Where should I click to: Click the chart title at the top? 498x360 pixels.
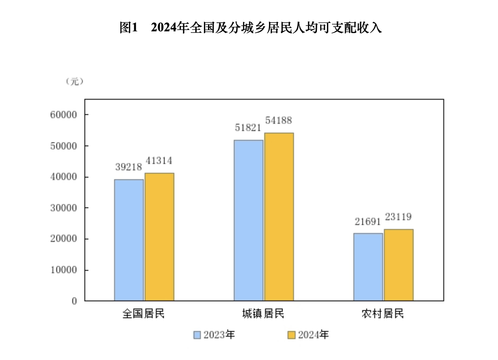[251, 28]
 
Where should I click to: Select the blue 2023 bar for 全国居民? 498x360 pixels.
[129, 240]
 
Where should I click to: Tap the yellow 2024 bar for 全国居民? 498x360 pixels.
[159, 237]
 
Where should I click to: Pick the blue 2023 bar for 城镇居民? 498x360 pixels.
[249, 220]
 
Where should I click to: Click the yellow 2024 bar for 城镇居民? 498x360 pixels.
[279, 217]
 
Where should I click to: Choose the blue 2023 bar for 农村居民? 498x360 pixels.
[368, 267]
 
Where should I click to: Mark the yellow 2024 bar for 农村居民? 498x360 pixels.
[399, 265]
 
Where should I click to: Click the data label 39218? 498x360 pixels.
[129, 168]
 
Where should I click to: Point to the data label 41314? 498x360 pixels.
[159, 161]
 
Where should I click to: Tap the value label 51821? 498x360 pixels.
[248, 128]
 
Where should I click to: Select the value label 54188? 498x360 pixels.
[278, 121]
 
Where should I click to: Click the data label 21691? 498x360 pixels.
[367, 221]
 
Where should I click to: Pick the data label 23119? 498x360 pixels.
[398, 217]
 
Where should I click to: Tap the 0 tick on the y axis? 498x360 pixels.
[74, 301]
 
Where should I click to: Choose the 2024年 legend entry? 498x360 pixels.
[308, 335]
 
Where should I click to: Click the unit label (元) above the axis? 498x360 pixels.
[74, 81]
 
